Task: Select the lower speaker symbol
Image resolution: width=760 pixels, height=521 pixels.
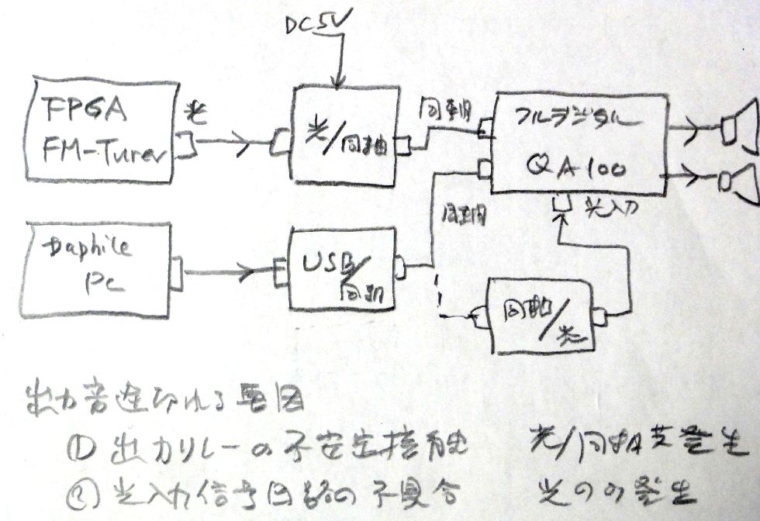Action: point(738,182)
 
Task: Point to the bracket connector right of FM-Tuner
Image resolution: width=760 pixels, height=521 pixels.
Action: point(186,143)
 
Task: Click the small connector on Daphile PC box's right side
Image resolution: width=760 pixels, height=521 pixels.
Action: point(175,272)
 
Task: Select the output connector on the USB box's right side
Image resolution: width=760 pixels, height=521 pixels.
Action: point(400,267)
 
